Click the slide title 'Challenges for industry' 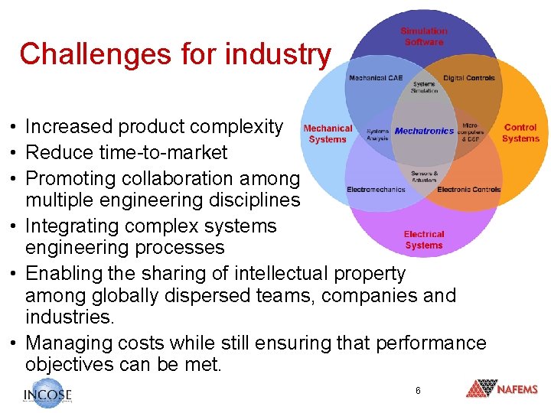click(175, 54)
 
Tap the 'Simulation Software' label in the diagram click(424, 37)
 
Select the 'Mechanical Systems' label click(328, 134)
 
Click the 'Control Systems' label click(520, 133)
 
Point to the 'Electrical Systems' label click(424, 239)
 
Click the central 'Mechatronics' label click(425, 131)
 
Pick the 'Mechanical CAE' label click(376, 78)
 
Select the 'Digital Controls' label click(469, 78)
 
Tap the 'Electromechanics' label click(376, 189)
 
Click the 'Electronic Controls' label click(469, 189)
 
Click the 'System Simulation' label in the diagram click(425, 87)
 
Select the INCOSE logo click(47, 392)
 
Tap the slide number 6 click(418, 391)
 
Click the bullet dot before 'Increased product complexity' click(14, 127)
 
